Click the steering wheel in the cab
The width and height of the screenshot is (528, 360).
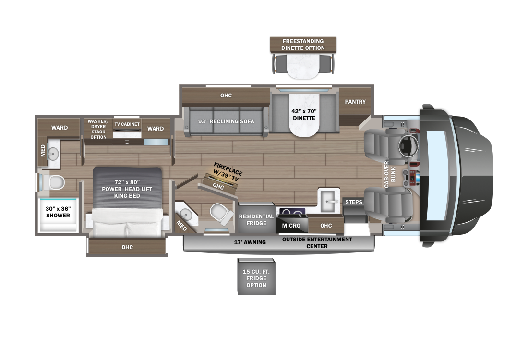pos(408,146)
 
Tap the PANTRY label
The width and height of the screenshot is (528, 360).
pos(355,102)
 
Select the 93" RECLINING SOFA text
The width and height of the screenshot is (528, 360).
pos(226,121)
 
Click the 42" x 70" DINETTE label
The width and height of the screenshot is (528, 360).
pos(304,115)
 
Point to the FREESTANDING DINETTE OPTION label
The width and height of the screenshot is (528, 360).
pos(303,45)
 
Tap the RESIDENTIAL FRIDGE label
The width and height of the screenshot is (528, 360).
pos(256,219)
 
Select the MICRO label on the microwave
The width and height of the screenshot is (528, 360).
pos(291,226)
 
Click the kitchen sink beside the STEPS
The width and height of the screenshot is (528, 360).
pos(329,201)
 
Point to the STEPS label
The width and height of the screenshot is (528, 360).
pos(354,202)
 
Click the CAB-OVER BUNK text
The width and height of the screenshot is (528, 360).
pos(390,174)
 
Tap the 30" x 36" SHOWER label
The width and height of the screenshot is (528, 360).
pos(58,212)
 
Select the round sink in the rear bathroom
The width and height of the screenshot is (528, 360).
pos(53,154)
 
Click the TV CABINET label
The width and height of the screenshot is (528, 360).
pos(127,124)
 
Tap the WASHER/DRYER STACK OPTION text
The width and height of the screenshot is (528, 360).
pos(98,129)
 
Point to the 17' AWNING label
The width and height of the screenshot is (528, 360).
pos(250,242)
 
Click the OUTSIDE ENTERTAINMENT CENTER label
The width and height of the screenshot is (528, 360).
pos(317,243)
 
